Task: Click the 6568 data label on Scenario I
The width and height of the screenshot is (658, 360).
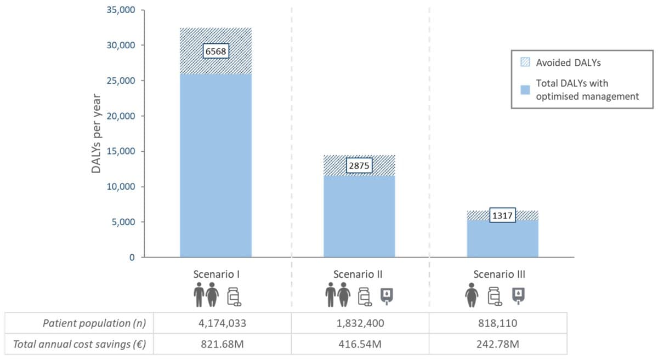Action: (x=215, y=52)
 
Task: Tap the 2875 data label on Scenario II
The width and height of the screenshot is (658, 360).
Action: (x=359, y=165)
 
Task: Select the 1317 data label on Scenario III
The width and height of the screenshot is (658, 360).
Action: (x=502, y=215)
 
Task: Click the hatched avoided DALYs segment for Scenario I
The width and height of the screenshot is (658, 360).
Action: (x=215, y=66)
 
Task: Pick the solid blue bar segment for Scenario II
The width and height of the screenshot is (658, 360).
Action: (x=359, y=216)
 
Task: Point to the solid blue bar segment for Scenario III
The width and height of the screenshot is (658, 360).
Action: (x=502, y=239)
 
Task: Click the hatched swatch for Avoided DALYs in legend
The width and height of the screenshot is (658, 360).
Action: (x=525, y=62)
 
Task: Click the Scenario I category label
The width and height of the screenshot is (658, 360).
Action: (x=215, y=274)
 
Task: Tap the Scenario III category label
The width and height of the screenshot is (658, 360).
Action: (x=502, y=274)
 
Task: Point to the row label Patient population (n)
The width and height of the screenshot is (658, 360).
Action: (x=94, y=323)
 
